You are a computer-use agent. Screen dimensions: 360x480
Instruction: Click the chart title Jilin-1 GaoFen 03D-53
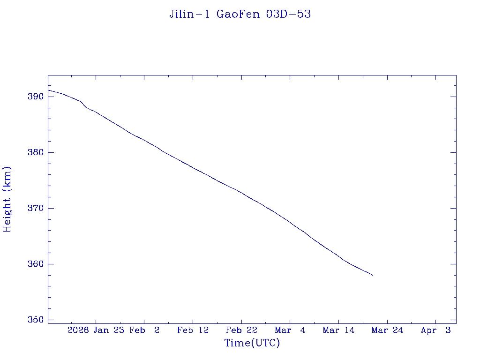[240, 15]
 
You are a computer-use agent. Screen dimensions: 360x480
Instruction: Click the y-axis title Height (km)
[7, 199]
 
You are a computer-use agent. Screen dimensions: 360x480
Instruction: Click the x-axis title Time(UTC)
[252, 343]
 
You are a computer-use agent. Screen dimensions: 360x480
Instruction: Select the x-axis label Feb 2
[144, 330]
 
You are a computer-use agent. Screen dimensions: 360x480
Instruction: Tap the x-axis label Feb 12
[193, 330]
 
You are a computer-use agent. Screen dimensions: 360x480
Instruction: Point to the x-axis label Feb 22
[241, 330]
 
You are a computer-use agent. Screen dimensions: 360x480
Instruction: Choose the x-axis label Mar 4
[290, 330]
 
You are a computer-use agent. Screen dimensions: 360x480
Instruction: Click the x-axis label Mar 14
[338, 330]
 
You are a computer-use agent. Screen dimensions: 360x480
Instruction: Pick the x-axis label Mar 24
[387, 330]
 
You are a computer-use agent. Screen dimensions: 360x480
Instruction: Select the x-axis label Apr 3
[436, 330]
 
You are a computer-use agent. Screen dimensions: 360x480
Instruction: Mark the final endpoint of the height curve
[372, 275]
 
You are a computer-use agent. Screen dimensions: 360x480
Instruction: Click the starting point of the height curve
[48, 90]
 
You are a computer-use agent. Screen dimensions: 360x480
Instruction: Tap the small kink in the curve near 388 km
[84, 105]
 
